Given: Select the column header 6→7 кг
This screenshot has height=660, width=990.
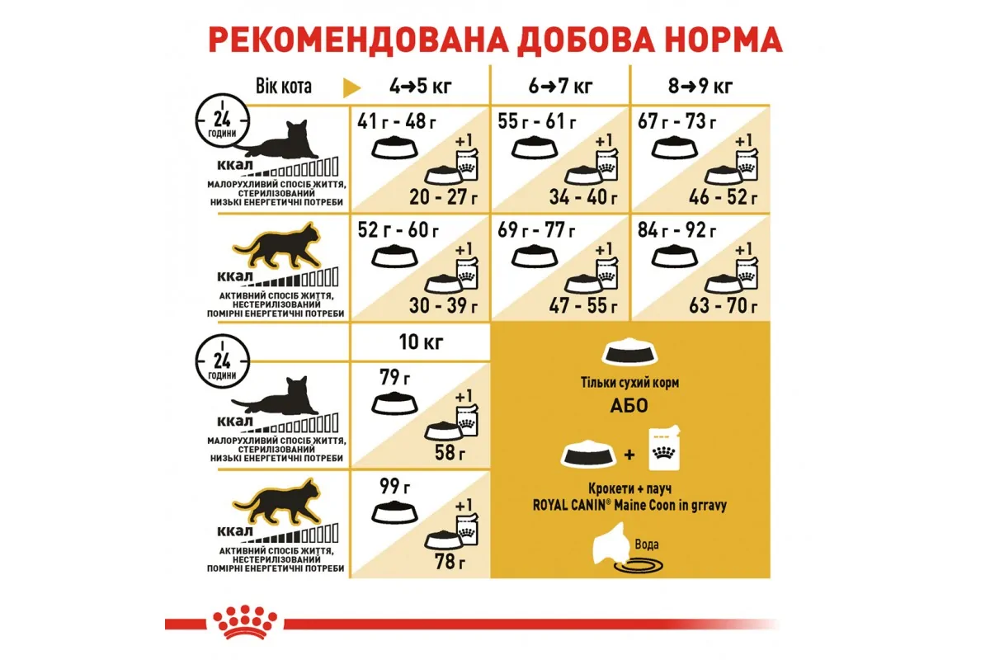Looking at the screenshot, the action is tap(560, 87).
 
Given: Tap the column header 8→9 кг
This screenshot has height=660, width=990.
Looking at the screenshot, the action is tap(700, 87).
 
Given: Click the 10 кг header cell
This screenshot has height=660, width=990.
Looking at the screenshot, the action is tap(421, 342).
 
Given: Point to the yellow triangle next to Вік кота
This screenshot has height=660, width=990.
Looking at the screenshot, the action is tap(351, 87).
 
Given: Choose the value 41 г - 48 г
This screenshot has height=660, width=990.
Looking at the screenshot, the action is tap(397, 121).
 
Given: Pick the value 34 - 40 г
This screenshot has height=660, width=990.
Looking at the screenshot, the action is tap(583, 197).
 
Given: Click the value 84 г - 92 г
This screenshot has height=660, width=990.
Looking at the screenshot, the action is tap(676, 230).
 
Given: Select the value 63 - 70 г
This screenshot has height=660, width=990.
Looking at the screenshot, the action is tap(723, 305).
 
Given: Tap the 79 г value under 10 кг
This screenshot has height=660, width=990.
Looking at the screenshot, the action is tap(394, 377).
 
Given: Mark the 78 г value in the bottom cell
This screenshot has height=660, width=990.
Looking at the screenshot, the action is tap(450, 562).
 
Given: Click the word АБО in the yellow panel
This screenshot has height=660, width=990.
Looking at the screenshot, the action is tap(629, 406).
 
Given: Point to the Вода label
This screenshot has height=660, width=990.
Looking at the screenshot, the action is tap(647, 544).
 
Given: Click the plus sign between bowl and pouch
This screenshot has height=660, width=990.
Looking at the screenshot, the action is tap(629, 455).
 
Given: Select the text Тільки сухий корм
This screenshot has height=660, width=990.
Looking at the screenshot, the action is tap(629, 383).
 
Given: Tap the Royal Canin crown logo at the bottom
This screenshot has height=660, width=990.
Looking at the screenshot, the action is tap(245, 623).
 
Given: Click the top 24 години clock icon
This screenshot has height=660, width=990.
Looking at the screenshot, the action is tap(222, 120).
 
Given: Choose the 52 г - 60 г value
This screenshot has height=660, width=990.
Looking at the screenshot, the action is tap(398, 230).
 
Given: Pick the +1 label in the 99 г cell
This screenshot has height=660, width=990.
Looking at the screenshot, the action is tap(464, 505).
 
